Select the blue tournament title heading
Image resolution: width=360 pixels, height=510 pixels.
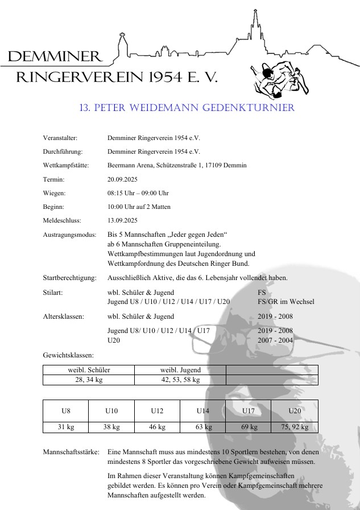187,108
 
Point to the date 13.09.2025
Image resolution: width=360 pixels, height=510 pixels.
123,220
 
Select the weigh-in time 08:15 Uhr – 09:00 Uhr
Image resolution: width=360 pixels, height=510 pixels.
138,193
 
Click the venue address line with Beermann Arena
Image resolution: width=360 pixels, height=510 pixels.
177,166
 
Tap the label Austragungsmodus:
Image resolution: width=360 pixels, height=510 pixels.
67,235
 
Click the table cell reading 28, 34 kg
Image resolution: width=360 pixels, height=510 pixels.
89,380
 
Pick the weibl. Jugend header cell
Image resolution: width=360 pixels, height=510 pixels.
180,370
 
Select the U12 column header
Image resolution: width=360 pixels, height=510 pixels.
157,410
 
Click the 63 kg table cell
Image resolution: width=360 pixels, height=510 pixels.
204,427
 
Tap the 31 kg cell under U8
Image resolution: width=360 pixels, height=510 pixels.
66,427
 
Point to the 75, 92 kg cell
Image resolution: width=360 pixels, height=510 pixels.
295,427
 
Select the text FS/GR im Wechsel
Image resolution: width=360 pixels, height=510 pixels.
285,302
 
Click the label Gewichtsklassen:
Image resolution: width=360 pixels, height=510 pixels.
64,355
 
